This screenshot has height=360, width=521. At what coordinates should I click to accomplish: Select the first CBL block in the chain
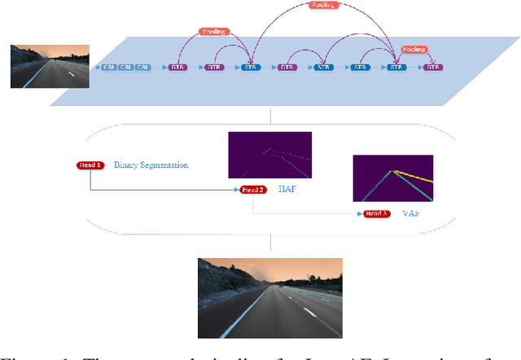pos(108,68)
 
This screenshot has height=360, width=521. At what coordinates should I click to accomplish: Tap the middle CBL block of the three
pos(126,68)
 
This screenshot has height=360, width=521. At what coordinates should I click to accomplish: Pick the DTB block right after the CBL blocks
pos(177,68)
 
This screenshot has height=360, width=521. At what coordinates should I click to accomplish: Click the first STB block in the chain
pos(249,68)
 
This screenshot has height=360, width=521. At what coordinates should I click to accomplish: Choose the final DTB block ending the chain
pos(433,68)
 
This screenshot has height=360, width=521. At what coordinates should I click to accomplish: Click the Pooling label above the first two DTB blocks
pos(213,32)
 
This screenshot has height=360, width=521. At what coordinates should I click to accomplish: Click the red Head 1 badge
pos(90,165)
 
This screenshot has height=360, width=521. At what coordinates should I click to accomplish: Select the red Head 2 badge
pos(252,190)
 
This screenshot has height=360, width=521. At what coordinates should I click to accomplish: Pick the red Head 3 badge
pos(376,213)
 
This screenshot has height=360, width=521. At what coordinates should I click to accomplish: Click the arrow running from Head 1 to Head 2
pos(163,191)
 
